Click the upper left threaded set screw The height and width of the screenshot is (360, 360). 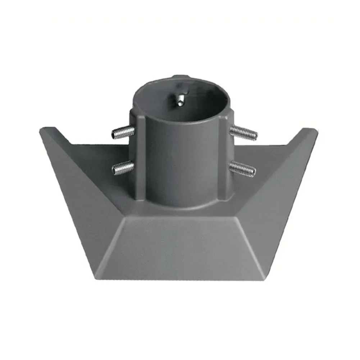click(122, 133)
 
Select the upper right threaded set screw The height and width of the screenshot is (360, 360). click(244, 132)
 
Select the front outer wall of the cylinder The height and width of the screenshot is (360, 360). click(182, 162)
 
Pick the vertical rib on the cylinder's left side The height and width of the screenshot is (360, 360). click(140, 158)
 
